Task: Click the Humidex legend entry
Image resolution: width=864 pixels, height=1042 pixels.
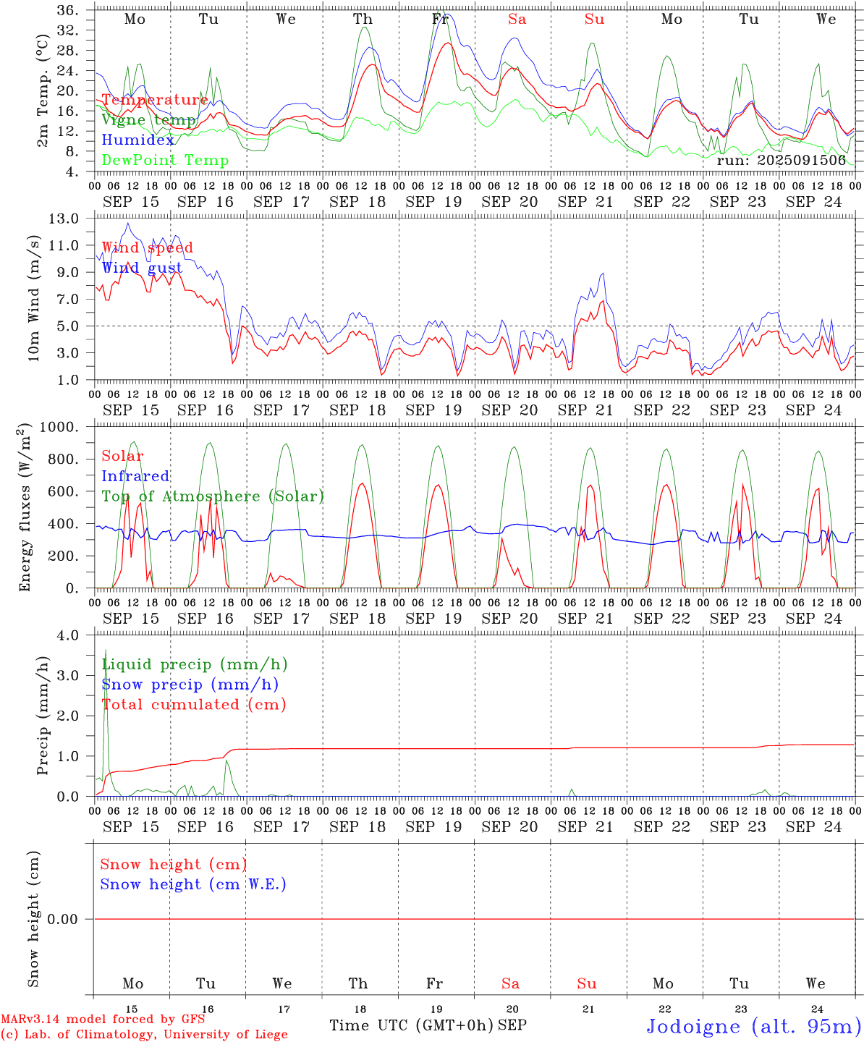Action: (x=138, y=140)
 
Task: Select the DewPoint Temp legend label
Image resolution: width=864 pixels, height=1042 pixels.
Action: (x=165, y=161)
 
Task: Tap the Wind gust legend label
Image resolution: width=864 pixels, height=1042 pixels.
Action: (x=142, y=268)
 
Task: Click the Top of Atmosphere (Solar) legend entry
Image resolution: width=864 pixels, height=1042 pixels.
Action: (x=213, y=496)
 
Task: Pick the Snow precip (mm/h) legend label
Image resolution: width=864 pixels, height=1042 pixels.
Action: (x=190, y=685)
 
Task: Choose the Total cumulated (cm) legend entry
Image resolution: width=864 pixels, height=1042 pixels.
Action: (x=194, y=705)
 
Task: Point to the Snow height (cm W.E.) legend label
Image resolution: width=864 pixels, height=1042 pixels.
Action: (x=193, y=884)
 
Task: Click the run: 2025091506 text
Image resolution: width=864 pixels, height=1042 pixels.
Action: (x=781, y=161)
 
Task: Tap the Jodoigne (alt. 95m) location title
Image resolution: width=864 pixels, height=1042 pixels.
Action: (x=753, y=1026)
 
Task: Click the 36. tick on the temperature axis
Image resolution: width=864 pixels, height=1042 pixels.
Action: (x=67, y=11)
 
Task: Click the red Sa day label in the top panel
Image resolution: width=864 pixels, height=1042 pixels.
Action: (x=517, y=20)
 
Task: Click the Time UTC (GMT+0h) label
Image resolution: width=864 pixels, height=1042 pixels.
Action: (x=411, y=1025)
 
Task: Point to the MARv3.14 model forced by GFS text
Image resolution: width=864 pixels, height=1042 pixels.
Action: (x=103, y=1019)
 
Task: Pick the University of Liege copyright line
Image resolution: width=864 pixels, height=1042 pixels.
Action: (x=144, y=1034)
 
